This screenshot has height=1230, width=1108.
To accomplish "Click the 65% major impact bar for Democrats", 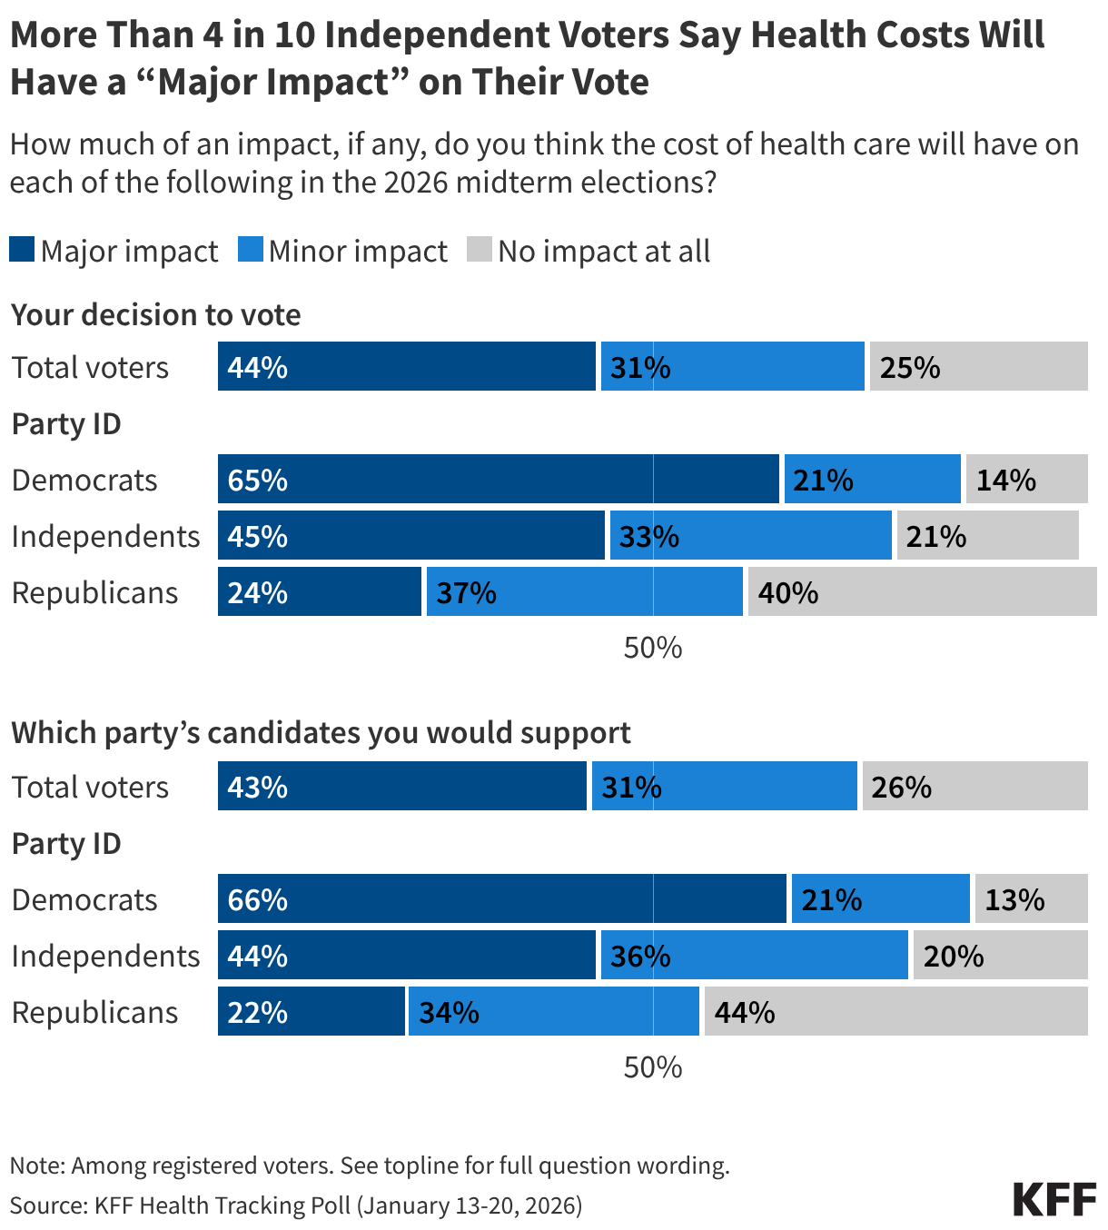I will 498,479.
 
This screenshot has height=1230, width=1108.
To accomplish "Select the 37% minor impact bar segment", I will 584,591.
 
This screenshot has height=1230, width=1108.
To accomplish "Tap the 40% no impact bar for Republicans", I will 921,591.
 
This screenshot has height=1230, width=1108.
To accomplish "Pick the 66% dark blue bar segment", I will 501,898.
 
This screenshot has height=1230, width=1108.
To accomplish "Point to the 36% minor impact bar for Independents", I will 754,955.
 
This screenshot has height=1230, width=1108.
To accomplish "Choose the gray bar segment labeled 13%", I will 1031,898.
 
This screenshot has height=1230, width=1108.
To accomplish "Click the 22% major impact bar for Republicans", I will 311,1011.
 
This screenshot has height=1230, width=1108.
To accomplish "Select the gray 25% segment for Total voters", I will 978,366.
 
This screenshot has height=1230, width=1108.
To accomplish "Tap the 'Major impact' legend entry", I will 114,251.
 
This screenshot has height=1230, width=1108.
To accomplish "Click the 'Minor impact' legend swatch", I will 251,250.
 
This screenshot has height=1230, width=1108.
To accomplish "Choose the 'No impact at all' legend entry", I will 589,251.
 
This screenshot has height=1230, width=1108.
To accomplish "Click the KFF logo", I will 1054,1199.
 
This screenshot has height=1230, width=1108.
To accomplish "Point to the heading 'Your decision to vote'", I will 155,314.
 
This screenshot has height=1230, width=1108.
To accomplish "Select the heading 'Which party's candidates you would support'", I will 321,732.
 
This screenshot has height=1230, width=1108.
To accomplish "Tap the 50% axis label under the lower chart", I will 652,1066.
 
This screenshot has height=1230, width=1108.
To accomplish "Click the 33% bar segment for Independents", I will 750,535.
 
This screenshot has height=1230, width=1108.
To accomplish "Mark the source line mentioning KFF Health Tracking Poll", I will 296,1205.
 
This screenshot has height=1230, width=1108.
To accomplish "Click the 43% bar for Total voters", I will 401,786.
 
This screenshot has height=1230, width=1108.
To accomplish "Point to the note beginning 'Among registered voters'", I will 370,1165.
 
